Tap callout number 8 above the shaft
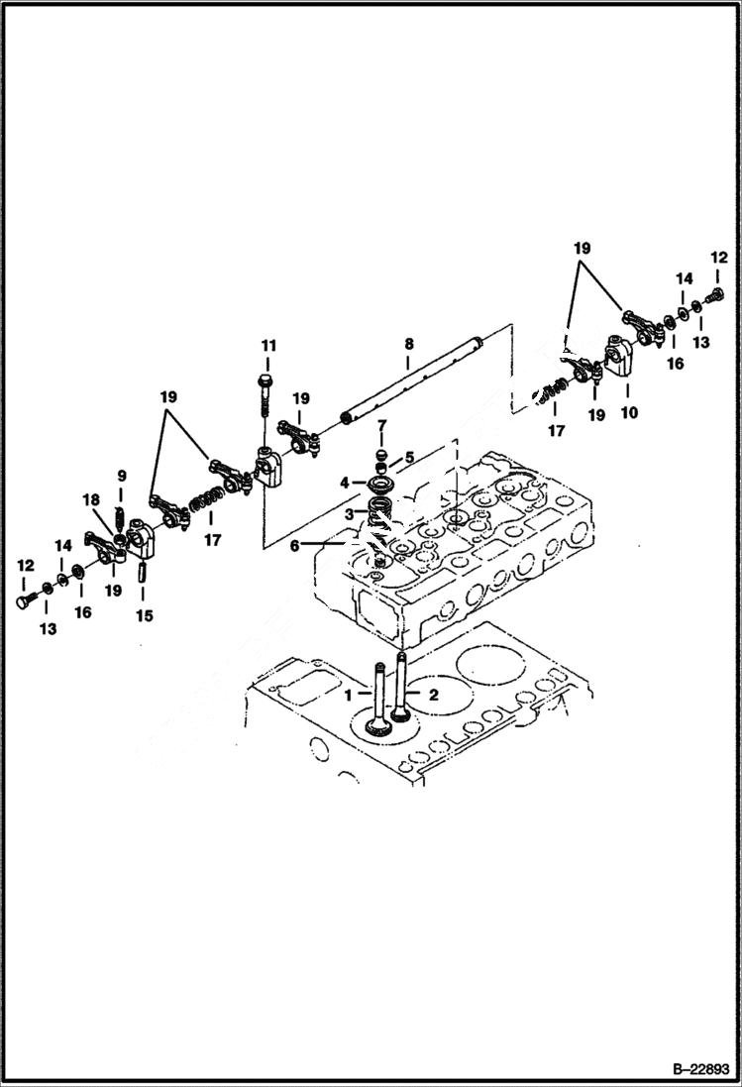click(408, 345)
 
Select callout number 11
click(267, 345)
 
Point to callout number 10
click(629, 412)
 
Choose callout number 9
click(122, 476)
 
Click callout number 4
click(345, 483)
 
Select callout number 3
click(349, 514)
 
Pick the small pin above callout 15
click(142, 574)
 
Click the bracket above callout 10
click(619, 357)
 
